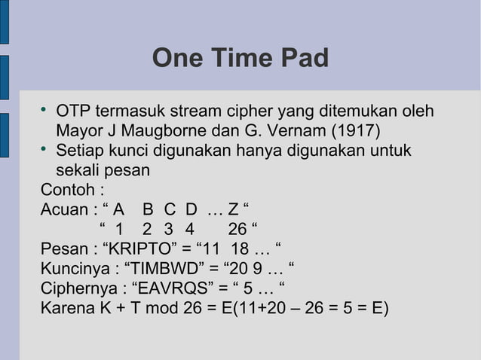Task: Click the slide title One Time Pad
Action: tap(240, 58)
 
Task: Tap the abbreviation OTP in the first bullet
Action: tap(74, 111)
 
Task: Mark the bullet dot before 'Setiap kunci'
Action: tap(45, 149)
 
